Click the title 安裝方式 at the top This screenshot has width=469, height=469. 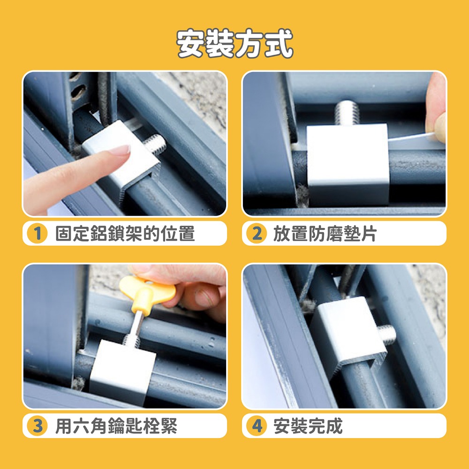click(x=234, y=43)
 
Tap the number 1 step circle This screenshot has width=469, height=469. click(x=37, y=233)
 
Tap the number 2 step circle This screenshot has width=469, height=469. click(x=257, y=233)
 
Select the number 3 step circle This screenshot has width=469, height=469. click(x=37, y=426)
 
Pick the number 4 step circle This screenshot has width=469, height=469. click(x=257, y=426)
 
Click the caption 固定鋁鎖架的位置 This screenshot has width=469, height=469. click(x=125, y=234)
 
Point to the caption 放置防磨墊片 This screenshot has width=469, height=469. click(x=325, y=234)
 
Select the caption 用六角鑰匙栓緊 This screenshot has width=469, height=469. click(x=116, y=426)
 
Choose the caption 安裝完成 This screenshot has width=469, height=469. click(x=308, y=426)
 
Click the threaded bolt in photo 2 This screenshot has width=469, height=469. click(x=347, y=113)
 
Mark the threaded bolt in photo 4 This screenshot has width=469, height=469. click(x=387, y=334)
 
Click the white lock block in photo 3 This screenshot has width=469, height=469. click(x=122, y=372)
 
